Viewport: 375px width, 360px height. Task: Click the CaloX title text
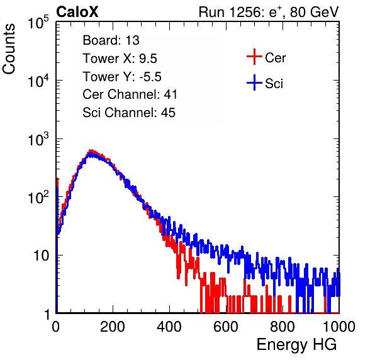pyautogui.click(x=77, y=12)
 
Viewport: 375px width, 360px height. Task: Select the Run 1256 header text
pyautogui.click(x=269, y=12)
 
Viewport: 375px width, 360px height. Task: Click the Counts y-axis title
pyautogui.click(x=9, y=49)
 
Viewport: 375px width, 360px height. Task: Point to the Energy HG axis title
pyautogui.click(x=296, y=345)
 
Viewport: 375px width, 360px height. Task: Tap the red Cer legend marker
pyautogui.click(x=254, y=57)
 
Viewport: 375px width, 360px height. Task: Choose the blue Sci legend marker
pyautogui.click(x=254, y=83)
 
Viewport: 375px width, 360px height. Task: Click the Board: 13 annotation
pyautogui.click(x=111, y=40)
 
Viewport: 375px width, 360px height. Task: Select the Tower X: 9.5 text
pyautogui.click(x=120, y=59)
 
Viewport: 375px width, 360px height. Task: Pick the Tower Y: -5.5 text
pyautogui.click(x=122, y=77)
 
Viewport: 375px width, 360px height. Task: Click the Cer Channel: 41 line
pyautogui.click(x=130, y=94)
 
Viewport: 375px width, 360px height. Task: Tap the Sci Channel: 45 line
pyautogui.click(x=129, y=113)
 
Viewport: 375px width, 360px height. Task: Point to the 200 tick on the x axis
pyautogui.click(x=113, y=326)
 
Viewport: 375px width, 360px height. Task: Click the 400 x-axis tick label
pyautogui.click(x=169, y=326)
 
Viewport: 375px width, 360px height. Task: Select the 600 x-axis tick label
pyautogui.click(x=226, y=326)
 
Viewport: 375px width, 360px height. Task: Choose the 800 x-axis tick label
pyautogui.click(x=283, y=326)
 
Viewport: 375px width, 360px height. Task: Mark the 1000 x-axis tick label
pyautogui.click(x=339, y=326)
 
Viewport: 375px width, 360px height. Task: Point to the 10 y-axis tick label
pyautogui.click(x=41, y=256)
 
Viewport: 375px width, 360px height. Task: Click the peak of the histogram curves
pyautogui.click(x=91, y=152)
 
